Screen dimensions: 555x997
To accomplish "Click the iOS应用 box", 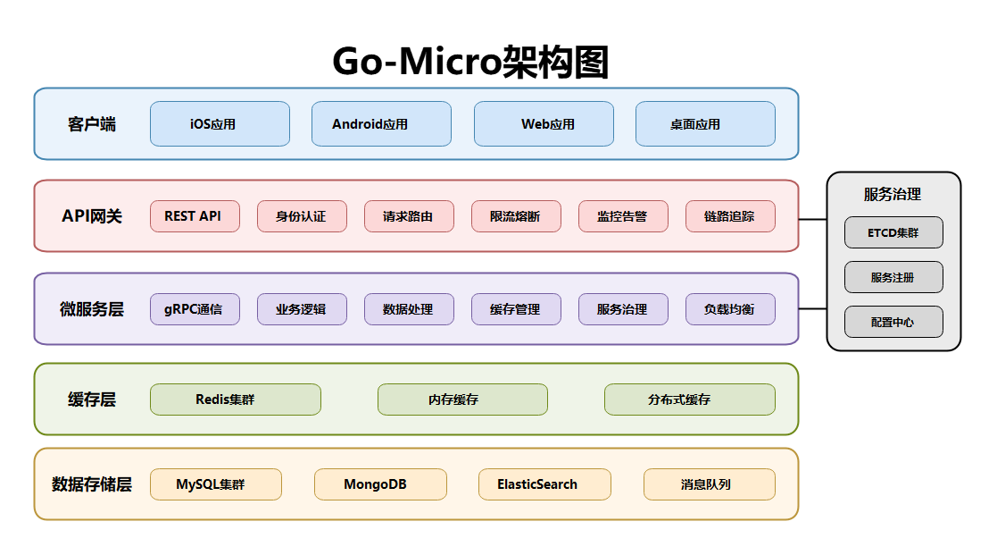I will (x=220, y=123).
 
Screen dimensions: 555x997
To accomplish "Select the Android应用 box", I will (x=381, y=123).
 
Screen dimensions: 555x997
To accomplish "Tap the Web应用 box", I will (x=544, y=123).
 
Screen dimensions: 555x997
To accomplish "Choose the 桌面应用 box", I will (x=705, y=123).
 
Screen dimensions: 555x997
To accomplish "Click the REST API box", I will (x=195, y=216).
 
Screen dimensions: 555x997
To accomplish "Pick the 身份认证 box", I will (x=302, y=216).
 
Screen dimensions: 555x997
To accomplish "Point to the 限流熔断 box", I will (x=516, y=216).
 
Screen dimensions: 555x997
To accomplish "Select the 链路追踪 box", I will (x=730, y=216).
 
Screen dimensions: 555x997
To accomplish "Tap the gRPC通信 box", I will (x=195, y=309).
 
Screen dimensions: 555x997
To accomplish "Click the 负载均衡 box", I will (x=730, y=309).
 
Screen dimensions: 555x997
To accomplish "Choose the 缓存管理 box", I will (x=516, y=309).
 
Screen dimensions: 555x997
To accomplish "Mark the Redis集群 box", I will (x=235, y=399).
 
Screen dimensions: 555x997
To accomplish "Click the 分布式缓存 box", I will (x=689, y=399).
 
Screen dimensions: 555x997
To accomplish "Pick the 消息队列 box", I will (x=709, y=484).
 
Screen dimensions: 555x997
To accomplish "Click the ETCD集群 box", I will (x=893, y=232).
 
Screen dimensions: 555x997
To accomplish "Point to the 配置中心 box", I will (x=893, y=322).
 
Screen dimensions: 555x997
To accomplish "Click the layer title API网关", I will (x=91, y=216).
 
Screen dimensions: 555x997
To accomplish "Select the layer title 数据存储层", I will (x=91, y=484).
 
